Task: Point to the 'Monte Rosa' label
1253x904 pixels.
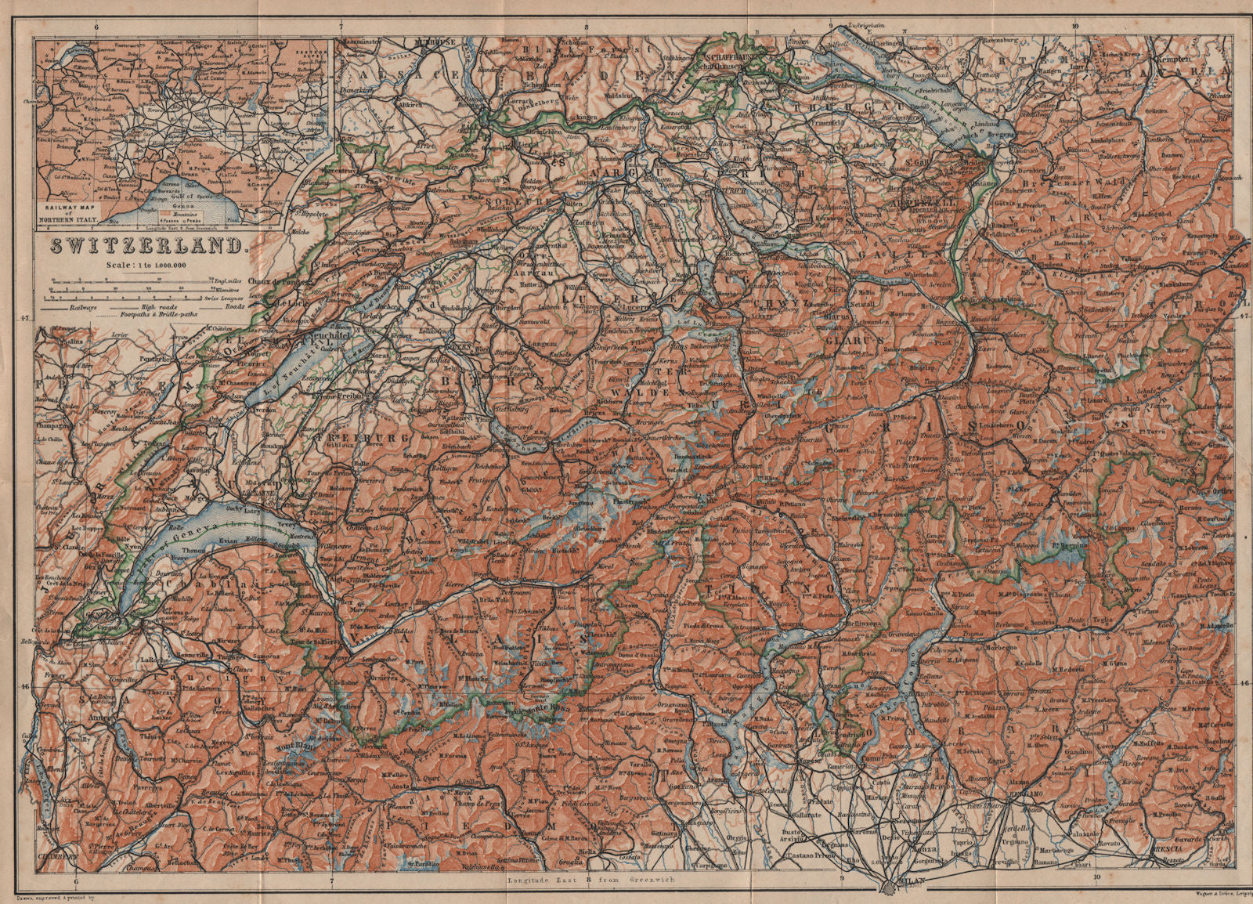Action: (x=538, y=711)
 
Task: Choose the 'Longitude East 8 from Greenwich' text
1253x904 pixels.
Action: (x=595, y=880)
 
